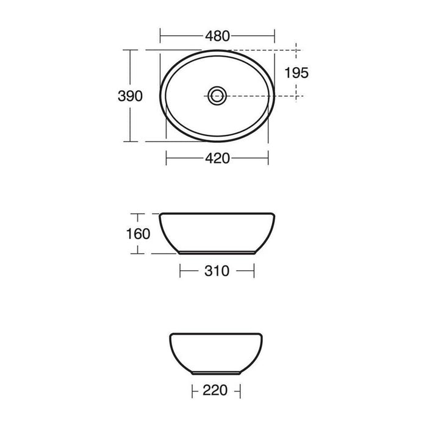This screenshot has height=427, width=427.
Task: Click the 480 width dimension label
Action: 217,36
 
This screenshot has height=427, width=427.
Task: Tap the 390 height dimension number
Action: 130,96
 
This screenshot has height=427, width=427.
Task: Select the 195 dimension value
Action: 296,73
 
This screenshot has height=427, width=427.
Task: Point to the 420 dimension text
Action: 217,158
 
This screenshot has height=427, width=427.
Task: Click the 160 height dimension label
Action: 138,234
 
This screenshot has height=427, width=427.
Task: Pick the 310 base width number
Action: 217,271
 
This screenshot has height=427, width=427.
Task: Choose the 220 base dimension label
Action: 215,390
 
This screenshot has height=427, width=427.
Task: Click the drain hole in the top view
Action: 217,96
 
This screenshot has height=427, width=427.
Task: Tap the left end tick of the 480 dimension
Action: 160,35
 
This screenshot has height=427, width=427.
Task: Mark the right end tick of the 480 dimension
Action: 274,35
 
